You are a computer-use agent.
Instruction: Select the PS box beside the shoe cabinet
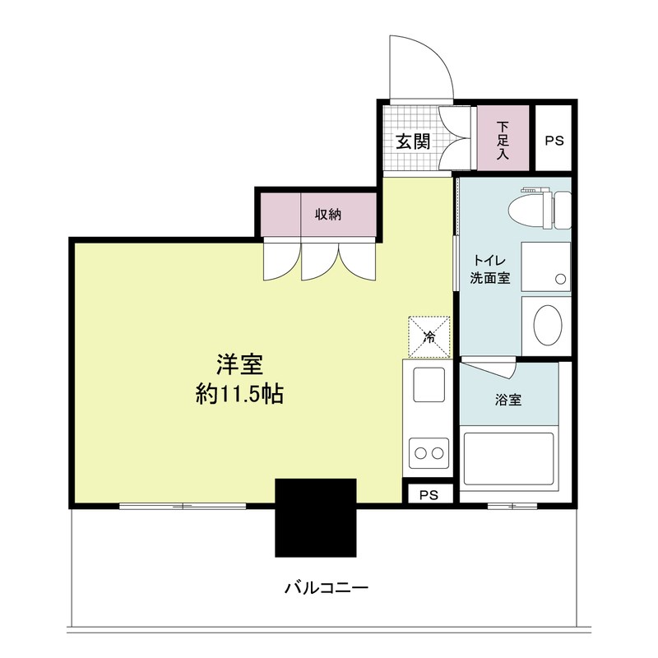pyautogui.click(x=554, y=139)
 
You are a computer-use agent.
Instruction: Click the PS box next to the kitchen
pyautogui.click(x=429, y=494)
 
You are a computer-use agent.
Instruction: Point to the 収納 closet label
pyautogui.click(x=327, y=215)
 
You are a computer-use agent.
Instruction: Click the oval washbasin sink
pyautogui.click(x=545, y=326)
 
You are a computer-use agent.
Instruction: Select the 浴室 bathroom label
pyautogui.click(x=507, y=400)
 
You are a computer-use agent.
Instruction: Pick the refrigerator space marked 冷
pyautogui.click(x=429, y=336)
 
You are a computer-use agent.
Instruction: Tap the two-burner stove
pyautogui.click(x=427, y=452)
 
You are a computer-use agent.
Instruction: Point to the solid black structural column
pyautogui.click(x=315, y=517)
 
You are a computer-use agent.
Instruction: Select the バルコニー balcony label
pyautogui.click(x=326, y=588)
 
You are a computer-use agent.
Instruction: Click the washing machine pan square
pyautogui.click(x=545, y=266)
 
